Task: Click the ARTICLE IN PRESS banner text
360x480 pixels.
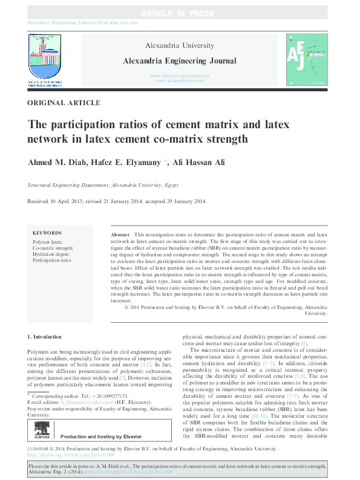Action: (x=180, y=13)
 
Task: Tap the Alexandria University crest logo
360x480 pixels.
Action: (x=45, y=55)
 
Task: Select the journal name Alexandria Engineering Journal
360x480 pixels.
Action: (x=180, y=60)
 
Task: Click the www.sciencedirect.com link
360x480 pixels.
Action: (x=180, y=80)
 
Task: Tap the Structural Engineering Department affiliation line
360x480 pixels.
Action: (x=103, y=186)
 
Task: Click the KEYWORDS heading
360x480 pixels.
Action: (x=47, y=232)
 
